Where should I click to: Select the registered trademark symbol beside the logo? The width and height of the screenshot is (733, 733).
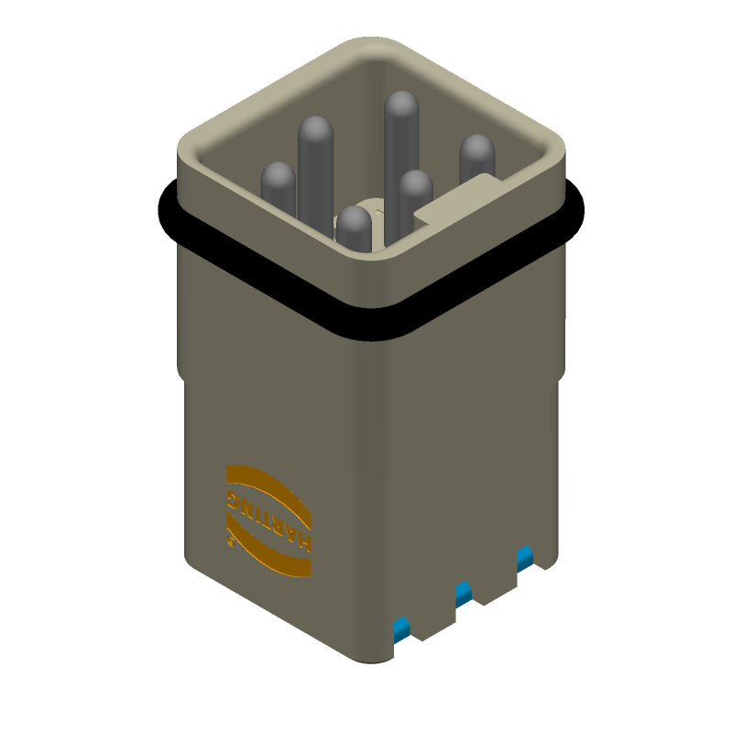pyautogui.click(x=230, y=542)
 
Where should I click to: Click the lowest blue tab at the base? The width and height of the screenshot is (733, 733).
pyautogui.click(x=401, y=629)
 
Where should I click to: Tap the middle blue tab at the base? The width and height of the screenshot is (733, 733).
pyautogui.click(x=464, y=594)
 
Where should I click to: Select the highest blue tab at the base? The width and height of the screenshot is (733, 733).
pyautogui.click(x=525, y=557)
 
